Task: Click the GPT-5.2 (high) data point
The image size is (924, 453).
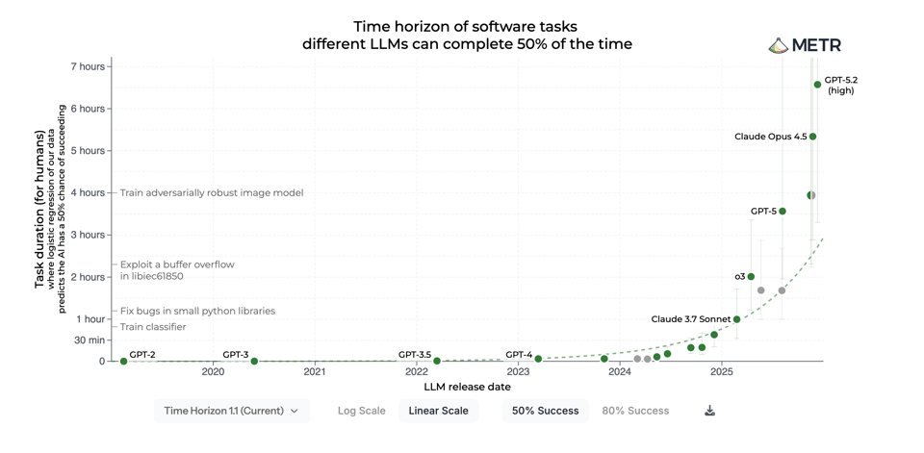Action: [817, 85]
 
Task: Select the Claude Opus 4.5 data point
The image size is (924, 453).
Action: [812, 137]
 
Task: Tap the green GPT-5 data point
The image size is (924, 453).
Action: [783, 212]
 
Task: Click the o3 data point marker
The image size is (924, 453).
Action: [751, 277]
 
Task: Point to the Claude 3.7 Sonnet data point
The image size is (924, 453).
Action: [736, 319]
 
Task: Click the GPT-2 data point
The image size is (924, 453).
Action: [124, 362]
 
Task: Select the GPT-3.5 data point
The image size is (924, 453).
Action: [437, 362]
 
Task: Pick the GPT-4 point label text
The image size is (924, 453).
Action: [519, 355]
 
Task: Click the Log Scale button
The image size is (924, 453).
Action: [361, 411]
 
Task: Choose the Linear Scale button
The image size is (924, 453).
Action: [438, 411]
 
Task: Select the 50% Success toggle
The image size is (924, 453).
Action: [545, 411]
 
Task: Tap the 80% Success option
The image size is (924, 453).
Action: [635, 411]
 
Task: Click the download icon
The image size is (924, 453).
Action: [709, 411]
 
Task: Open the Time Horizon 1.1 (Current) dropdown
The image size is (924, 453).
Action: [231, 411]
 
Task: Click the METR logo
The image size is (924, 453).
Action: [805, 45]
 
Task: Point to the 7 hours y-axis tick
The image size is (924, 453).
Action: [88, 66]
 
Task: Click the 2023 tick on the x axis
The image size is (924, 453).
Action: [518, 371]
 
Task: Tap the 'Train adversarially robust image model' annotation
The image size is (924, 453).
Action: [212, 193]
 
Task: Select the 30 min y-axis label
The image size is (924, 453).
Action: [89, 340]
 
